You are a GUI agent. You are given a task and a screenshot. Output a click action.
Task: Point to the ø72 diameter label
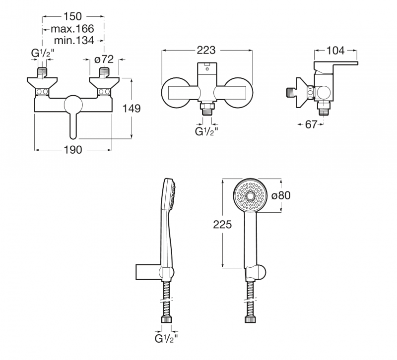(x=104, y=60)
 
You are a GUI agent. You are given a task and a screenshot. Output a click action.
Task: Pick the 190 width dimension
(x=73, y=150)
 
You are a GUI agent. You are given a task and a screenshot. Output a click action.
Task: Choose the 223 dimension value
(x=206, y=51)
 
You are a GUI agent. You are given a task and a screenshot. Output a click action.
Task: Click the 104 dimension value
(x=337, y=50)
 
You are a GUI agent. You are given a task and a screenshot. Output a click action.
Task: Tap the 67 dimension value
(x=311, y=124)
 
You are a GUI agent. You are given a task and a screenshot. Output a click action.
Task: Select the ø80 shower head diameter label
(x=281, y=195)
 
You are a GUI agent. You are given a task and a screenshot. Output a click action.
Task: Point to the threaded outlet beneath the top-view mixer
(x=206, y=110)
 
